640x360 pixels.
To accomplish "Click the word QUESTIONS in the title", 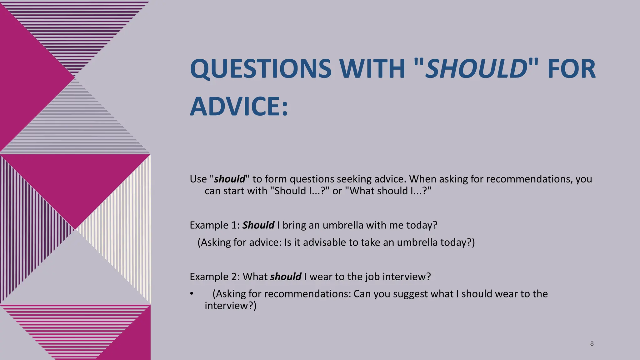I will [x=261, y=69].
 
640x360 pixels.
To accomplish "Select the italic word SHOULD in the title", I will [x=477, y=69].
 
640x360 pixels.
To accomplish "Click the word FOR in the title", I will [x=571, y=69].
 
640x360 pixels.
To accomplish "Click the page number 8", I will [x=592, y=343].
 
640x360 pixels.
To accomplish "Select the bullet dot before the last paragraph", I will [x=192, y=294].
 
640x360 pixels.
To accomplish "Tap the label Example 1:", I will [x=215, y=225].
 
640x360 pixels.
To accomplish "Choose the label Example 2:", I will [x=215, y=277].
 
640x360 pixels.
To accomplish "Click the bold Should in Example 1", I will [x=258, y=225].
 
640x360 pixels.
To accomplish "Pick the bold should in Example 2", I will [x=286, y=277].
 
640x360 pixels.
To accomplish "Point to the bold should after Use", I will [x=230, y=179].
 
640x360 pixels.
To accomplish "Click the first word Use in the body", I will [x=198, y=179].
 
